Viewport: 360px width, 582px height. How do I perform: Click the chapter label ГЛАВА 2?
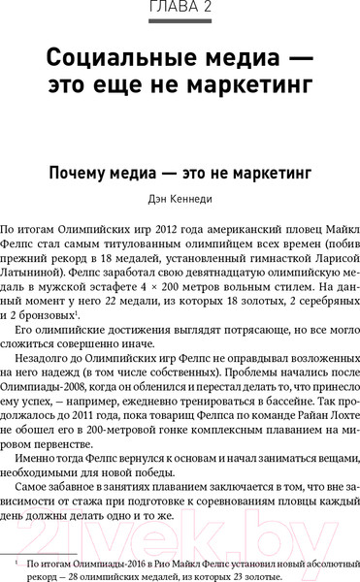pyautogui.click(x=180, y=9)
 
